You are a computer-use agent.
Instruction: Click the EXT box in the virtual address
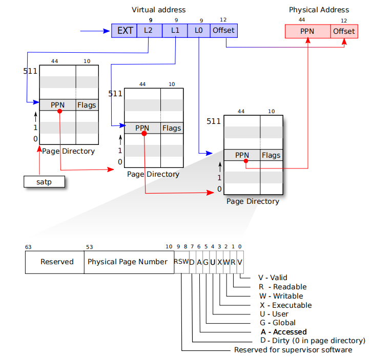[125, 30]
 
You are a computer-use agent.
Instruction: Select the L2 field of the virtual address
[149, 30]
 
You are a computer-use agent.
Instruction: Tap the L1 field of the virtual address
[174, 30]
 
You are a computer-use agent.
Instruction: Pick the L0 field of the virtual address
[199, 30]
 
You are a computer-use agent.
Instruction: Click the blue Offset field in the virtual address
[223, 30]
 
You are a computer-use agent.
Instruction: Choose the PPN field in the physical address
[307, 31]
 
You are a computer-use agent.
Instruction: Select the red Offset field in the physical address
[344, 31]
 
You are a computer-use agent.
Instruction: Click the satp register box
[45, 181]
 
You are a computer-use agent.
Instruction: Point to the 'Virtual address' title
[159, 10]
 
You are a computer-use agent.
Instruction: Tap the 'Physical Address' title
[319, 10]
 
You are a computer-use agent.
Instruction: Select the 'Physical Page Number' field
[128, 262]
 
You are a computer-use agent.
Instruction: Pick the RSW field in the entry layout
[181, 262]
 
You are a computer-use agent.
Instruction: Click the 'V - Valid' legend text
[272, 278]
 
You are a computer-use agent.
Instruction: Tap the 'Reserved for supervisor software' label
[293, 350]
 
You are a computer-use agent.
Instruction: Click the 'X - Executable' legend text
[286, 305]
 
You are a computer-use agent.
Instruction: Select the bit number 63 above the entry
[28, 247]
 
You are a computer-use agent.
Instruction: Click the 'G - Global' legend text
[278, 323]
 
